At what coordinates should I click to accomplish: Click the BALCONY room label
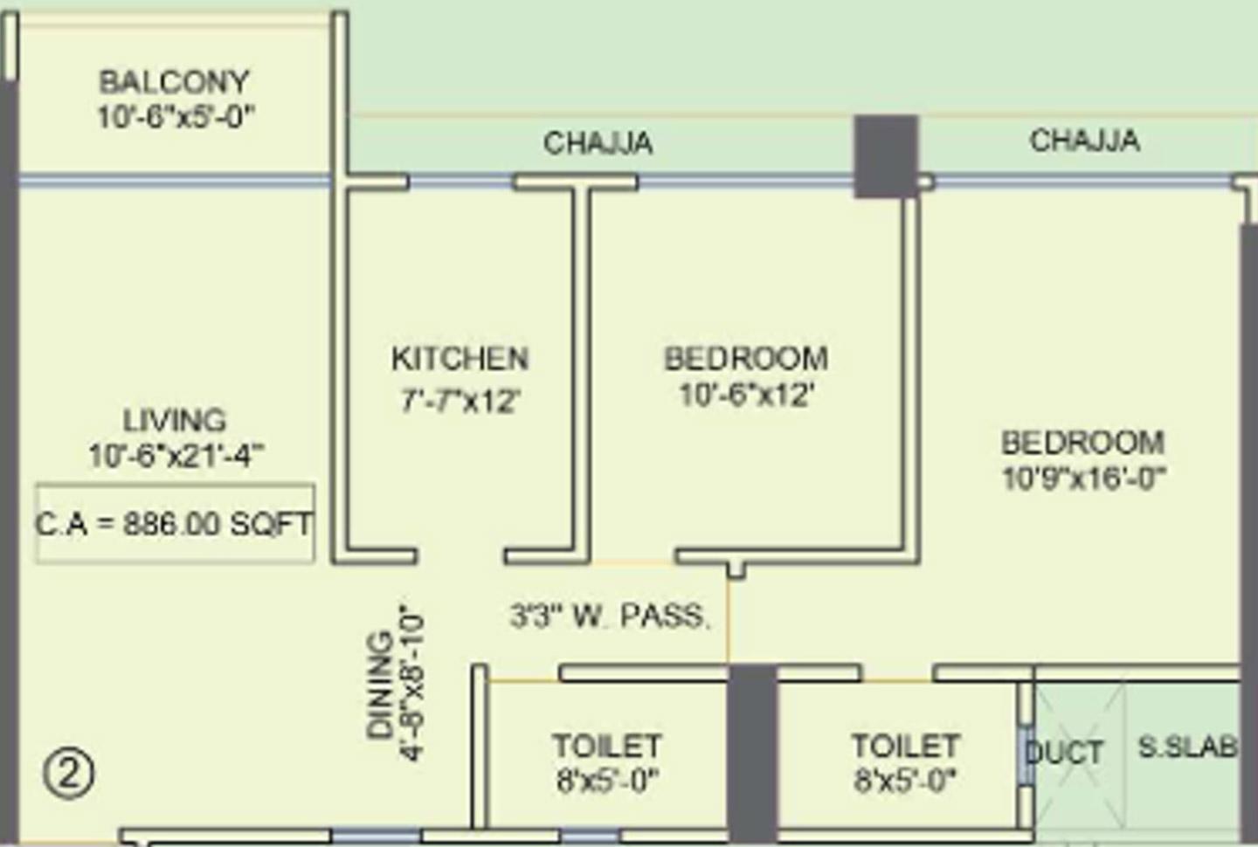[174, 82]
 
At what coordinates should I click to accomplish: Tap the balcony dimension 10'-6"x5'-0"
[175, 117]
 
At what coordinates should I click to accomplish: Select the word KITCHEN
[460, 358]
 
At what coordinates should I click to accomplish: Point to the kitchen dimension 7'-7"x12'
[460, 401]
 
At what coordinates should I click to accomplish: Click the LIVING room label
[174, 420]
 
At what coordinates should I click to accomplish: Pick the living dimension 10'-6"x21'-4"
[175, 456]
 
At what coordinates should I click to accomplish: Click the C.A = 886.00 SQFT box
[175, 524]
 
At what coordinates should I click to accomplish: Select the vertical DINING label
[381, 686]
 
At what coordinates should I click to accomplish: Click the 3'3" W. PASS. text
[609, 616]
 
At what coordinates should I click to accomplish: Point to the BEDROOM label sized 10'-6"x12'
[746, 358]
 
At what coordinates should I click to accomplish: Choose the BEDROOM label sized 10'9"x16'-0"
[1082, 442]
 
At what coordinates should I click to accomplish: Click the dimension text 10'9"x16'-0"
[1082, 479]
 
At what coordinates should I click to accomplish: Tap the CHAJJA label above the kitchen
[598, 142]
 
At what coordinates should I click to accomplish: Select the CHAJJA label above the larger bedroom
[1084, 140]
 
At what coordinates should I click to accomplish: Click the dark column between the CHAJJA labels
[885, 156]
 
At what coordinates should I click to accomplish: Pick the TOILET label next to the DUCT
[905, 745]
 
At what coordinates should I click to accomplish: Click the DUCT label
[1065, 752]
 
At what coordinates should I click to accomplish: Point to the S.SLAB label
[1187, 747]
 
